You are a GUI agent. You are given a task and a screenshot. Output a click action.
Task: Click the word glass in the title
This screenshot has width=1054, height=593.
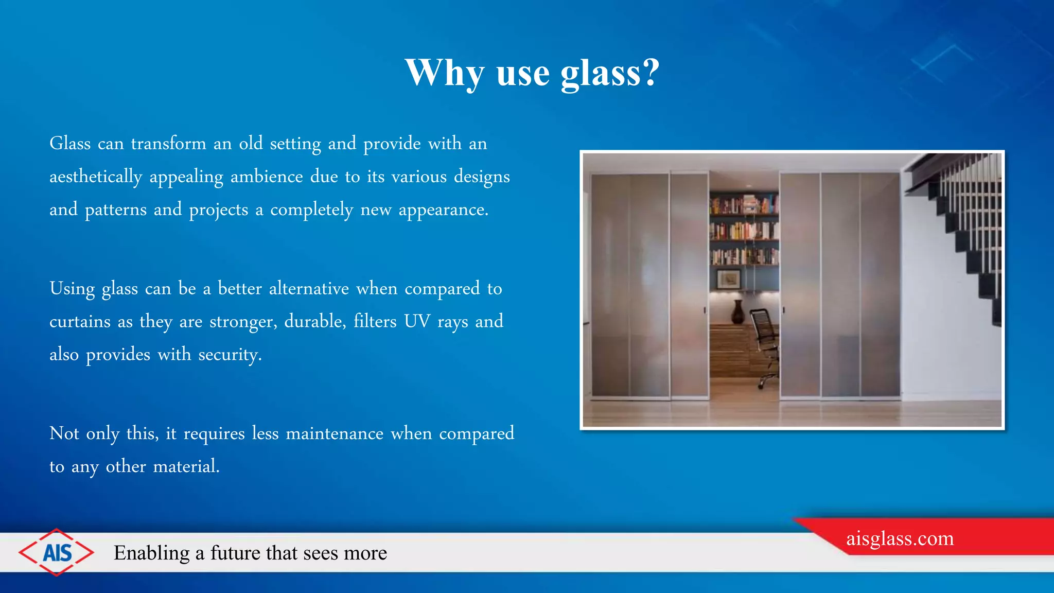[x=600, y=74]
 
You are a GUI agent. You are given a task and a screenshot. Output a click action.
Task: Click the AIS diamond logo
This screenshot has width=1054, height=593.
[x=57, y=552]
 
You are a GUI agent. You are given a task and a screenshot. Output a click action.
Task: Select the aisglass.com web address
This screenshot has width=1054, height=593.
[x=900, y=538]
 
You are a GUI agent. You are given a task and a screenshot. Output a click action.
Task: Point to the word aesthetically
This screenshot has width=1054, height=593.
[x=96, y=177]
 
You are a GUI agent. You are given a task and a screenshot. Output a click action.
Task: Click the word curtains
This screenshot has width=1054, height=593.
[x=80, y=322]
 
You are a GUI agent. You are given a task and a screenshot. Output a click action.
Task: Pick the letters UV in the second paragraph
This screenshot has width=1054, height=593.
[x=417, y=321]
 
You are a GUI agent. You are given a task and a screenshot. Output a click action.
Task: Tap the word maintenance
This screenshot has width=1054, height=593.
[x=335, y=433]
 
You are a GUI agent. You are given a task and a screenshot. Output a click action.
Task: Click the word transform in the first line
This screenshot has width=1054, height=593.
[x=168, y=143]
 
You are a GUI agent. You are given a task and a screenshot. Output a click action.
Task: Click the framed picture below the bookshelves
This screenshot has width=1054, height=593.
[x=729, y=280]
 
